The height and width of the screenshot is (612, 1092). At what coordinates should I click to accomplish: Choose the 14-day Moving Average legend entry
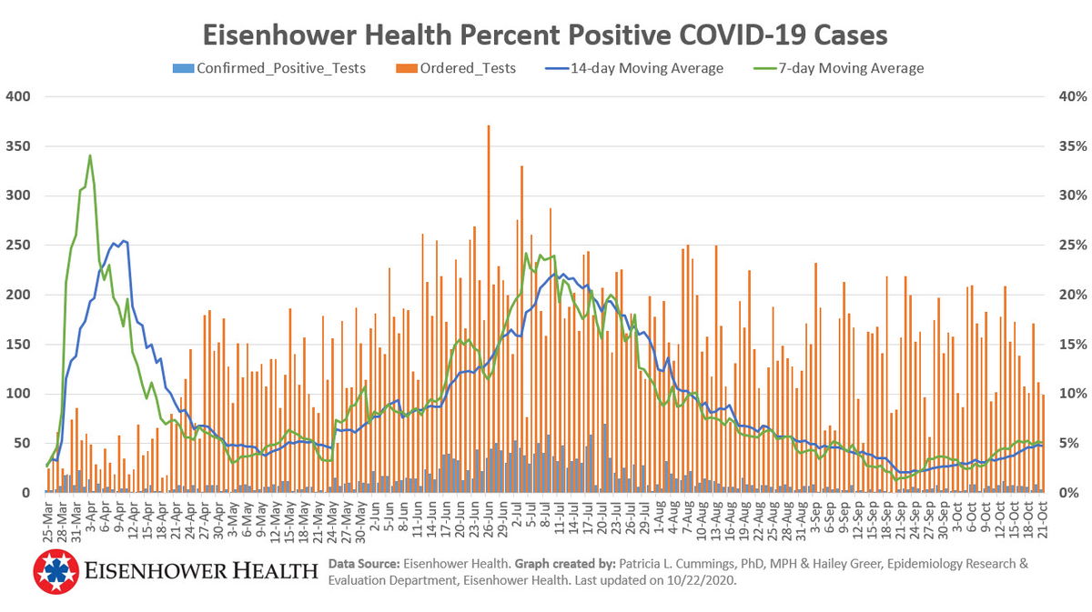click(x=646, y=68)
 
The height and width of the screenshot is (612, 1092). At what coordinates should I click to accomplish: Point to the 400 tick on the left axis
click(x=18, y=96)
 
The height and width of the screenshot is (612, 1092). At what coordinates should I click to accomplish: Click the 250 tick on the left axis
click(x=18, y=246)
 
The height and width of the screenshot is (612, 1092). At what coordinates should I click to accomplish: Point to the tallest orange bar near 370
click(x=489, y=128)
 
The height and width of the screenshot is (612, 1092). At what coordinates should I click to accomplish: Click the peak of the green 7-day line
click(x=89, y=156)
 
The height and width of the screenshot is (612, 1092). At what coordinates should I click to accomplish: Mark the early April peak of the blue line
click(x=123, y=242)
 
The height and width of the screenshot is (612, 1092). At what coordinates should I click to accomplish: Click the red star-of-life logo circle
click(x=56, y=571)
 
